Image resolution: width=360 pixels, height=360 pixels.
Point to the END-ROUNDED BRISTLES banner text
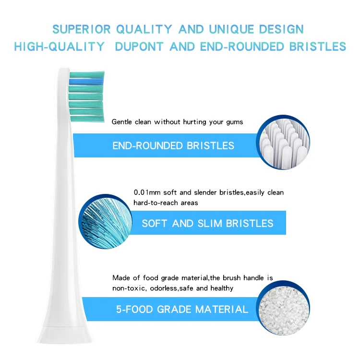[x=173, y=145]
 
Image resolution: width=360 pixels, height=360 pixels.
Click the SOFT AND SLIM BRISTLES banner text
[x=207, y=223]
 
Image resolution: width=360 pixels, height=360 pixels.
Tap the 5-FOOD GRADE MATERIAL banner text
[x=182, y=309]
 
